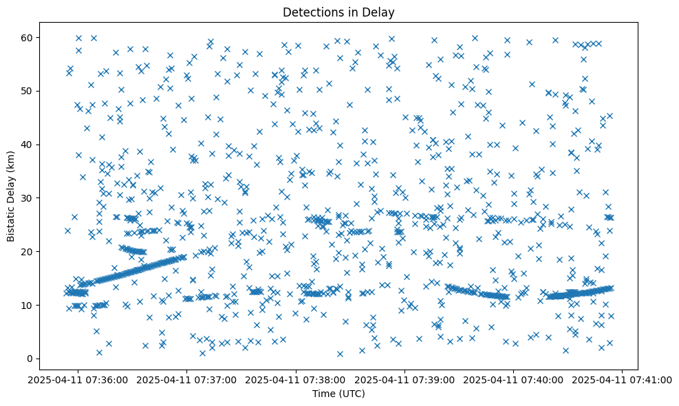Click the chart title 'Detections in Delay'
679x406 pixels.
click(339, 12)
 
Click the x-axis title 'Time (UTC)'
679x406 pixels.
click(339, 394)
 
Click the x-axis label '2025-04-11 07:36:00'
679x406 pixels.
click(78, 379)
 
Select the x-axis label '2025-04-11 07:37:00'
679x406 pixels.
click(186, 379)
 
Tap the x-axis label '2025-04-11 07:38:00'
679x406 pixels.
click(296, 379)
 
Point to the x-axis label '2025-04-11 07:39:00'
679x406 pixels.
click(405, 379)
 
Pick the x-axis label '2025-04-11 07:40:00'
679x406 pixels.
click(514, 379)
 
